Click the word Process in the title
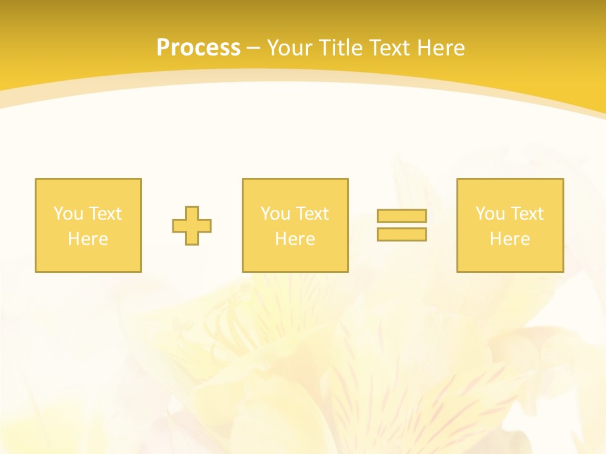[x=198, y=48]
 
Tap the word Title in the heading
[x=340, y=48]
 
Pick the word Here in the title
[x=441, y=48]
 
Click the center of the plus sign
[x=192, y=226]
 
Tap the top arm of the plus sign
[x=192, y=212]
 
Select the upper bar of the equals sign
[x=401, y=216]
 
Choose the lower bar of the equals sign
[x=401, y=234]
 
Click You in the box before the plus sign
[x=68, y=214]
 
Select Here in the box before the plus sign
[x=88, y=239]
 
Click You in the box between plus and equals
[x=275, y=214]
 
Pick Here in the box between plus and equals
[x=295, y=239]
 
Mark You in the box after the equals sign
[x=490, y=214]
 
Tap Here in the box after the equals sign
[x=509, y=239]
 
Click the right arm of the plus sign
[x=205, y=226]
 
